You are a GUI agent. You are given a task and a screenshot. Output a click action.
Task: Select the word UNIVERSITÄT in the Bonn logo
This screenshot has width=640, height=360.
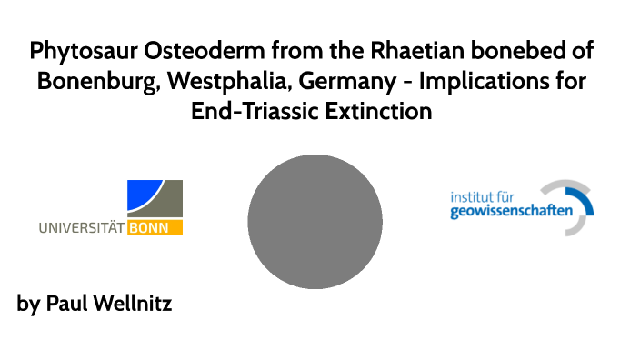click(x=82, y=228)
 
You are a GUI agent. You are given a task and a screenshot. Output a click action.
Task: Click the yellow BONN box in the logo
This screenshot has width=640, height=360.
click(x=155, y=228)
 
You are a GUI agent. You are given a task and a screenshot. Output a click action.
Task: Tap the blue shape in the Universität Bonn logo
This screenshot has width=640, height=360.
click(x=141, y=195)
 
